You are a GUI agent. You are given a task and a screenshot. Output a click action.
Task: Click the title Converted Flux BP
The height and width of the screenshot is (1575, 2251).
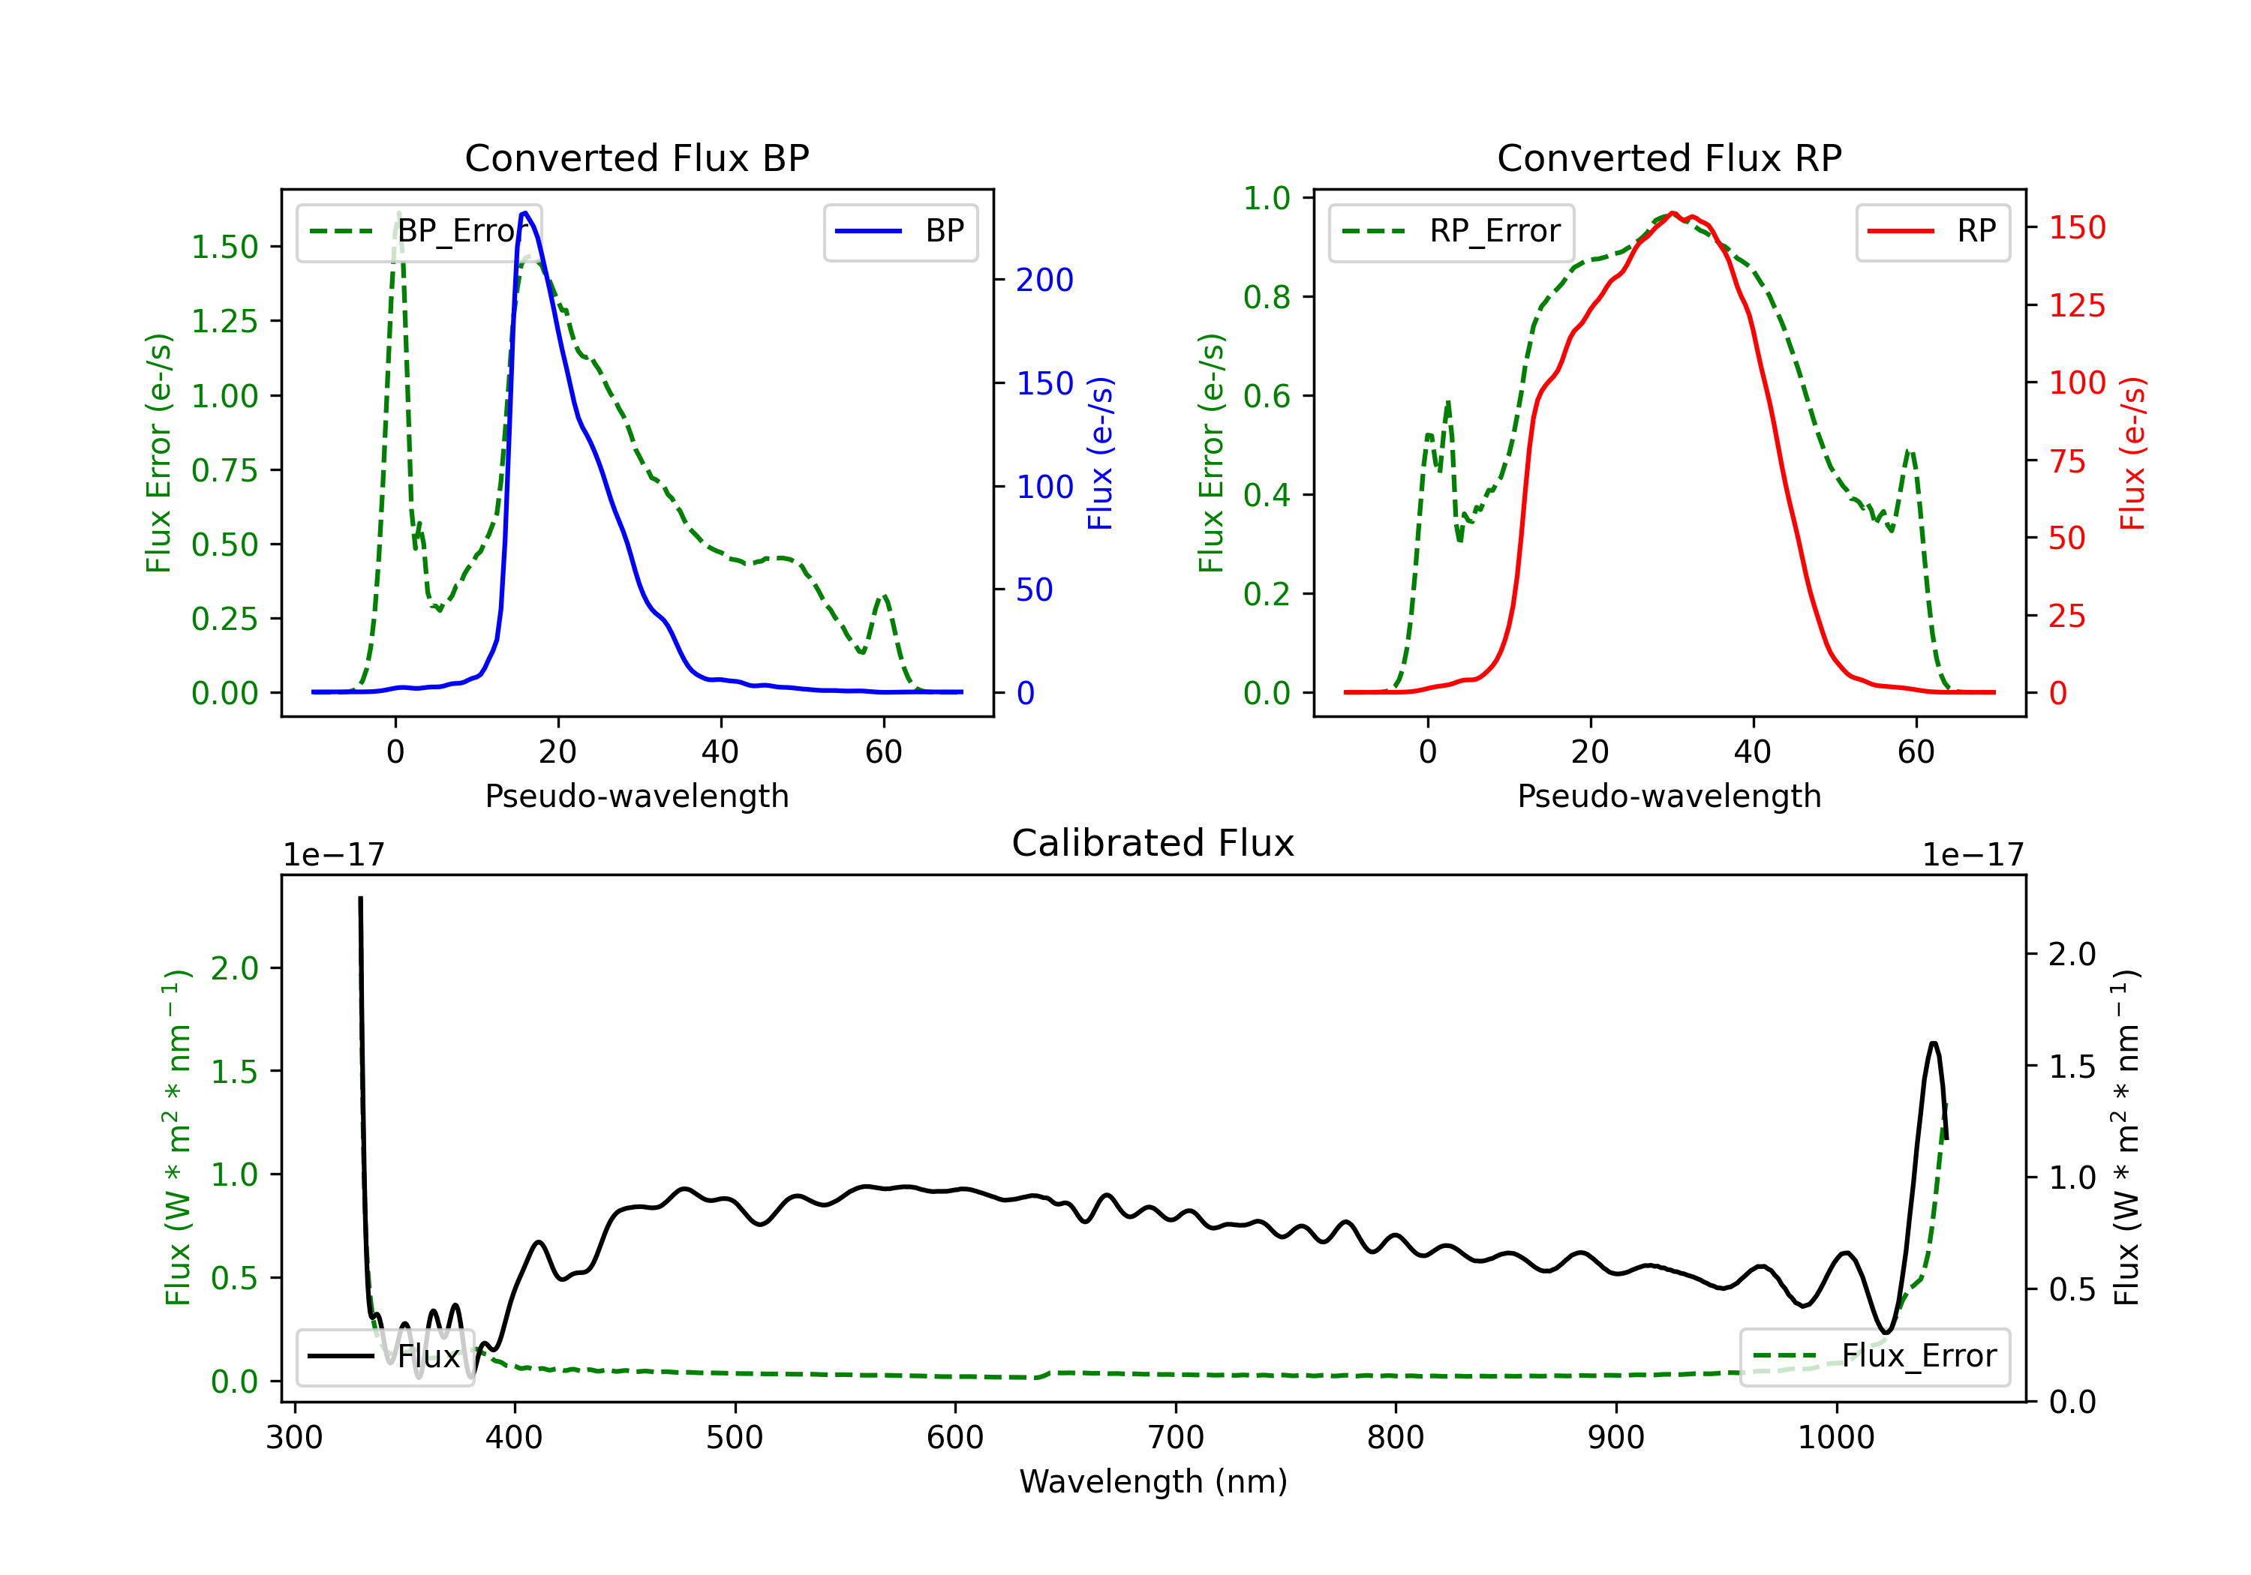point(636,157)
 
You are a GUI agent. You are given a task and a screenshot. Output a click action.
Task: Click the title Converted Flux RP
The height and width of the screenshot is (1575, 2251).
point(1669,157)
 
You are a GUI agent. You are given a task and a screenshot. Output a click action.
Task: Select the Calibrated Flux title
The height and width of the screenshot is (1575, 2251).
point(1153,843)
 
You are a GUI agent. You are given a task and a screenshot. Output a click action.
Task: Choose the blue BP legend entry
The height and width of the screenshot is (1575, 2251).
point(900,231)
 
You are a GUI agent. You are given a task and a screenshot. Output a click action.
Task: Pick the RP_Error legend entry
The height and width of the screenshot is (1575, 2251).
point(1451,231)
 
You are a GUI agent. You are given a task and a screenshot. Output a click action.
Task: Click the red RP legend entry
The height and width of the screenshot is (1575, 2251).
point(1932,231)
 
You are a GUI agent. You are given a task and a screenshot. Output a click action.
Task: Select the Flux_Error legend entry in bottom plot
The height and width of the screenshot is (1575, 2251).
point(1874,1357)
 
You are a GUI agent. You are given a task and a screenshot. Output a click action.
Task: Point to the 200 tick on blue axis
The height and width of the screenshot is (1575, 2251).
point(1044,280)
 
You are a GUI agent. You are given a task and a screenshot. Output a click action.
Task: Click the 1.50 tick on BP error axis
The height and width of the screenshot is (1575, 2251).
point(224,247)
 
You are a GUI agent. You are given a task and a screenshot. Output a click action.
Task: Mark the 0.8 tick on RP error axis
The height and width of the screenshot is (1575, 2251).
point(1267,297)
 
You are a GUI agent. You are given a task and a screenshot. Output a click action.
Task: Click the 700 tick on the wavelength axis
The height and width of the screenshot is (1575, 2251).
point(1176,1438)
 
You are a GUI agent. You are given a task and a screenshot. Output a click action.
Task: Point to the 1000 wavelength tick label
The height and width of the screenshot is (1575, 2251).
point(1836,1438)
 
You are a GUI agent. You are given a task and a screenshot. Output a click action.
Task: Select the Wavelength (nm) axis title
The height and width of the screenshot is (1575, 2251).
point(1153,1481)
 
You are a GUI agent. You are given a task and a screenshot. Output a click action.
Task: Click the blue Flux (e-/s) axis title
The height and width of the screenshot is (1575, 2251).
point(1101,453)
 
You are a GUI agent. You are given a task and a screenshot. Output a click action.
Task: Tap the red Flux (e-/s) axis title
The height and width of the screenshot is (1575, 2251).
point(2133,453)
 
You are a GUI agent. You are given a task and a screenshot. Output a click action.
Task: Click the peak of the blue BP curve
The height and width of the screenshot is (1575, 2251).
point(525,213)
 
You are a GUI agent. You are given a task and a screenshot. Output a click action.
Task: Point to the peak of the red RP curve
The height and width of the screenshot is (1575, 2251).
point(1673,213)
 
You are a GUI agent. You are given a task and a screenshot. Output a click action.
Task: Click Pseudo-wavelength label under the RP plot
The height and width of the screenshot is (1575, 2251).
point(1669,796)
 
